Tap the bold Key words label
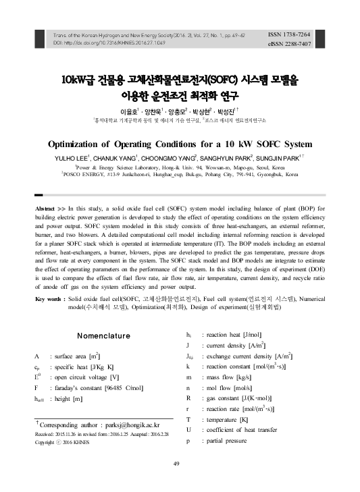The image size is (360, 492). click(x=49, y=298)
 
